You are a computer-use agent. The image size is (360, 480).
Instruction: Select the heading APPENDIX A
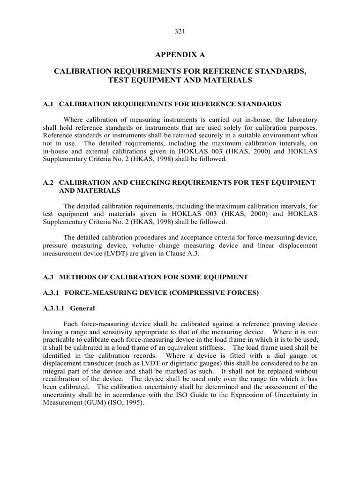pos(180,55)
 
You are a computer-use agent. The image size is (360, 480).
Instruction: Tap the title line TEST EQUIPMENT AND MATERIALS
pos(180,80)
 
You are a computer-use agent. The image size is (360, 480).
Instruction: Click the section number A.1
pos(48,104)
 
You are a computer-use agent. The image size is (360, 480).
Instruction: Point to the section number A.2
pos(48,182)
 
